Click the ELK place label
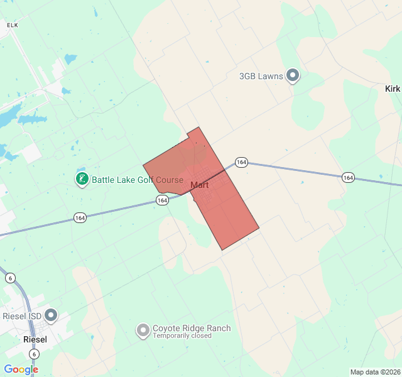(13, 25)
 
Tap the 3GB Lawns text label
(261, 76)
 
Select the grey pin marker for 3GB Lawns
(293, 75)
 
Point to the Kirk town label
(392, 89)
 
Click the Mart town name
(199, 185)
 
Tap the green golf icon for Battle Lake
(82, 179)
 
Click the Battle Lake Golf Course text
(138, 180)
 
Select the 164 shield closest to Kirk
(349, 178)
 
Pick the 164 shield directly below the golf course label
(162, 200)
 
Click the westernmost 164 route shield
(80, 217)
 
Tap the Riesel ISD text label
(22, 316)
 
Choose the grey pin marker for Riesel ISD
(51, 315)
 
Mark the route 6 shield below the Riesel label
(34, 354)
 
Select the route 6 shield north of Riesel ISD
(10, 278)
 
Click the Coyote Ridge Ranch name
(192, 328)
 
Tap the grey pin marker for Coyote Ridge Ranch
(143, 329)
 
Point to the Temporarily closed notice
(182, 336)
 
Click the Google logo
(21, 369)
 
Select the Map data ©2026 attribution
(374, 372)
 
